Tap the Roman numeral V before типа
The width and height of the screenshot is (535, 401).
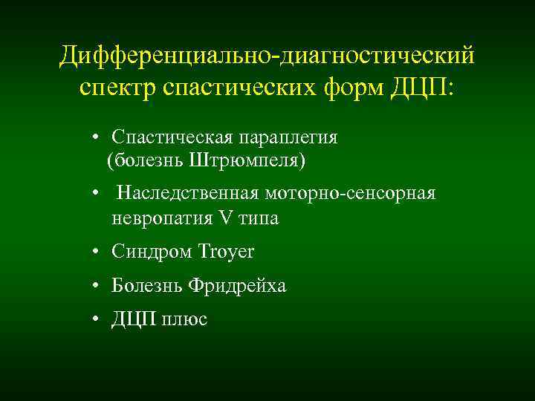(226, 218)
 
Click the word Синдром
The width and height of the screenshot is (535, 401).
(152, 252)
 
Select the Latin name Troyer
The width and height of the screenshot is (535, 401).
(226, 252)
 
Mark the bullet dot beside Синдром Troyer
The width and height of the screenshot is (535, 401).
(97, 253)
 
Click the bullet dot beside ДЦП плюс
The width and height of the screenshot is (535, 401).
(97, 320)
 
